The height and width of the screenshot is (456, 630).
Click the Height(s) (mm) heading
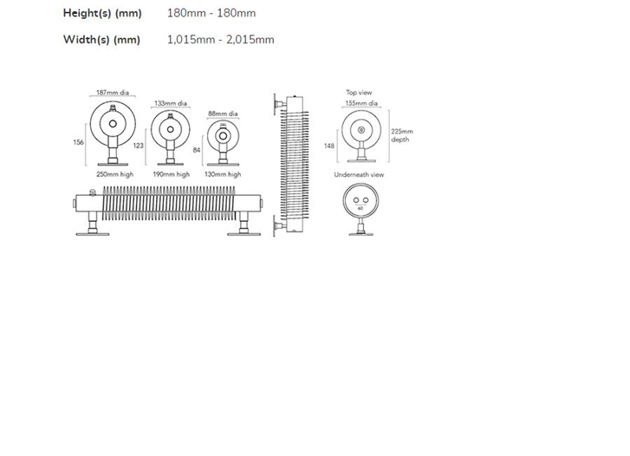click(x=102, y=13)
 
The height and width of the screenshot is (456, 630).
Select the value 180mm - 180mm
click(x=211, y=13)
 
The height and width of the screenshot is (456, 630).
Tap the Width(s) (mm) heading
click(x=101, y=40)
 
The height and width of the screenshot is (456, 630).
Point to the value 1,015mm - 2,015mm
click(x=221, y=40)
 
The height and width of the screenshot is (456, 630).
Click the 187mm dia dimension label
click(x=113, y=93)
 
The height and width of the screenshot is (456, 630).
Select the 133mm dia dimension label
click(x=171, y=103)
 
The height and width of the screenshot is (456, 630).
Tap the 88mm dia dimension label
click(x=223, y=114)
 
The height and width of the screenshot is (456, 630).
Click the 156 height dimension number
click(x=78, y=142)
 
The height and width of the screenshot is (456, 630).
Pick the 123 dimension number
click(x=138, y=146)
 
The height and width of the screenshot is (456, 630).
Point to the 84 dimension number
click(x=197, y=150)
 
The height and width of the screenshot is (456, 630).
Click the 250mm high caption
click(x=115, y=174)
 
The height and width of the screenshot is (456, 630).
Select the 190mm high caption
click(x=172, y=174)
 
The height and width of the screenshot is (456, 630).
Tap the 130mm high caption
click(x=223, y=174)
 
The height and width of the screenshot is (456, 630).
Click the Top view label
click(x=360, y=93)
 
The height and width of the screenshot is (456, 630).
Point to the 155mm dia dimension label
click(x=361, y=103)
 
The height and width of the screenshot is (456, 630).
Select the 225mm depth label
click(x=402, y=135)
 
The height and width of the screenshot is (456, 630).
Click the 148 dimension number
click(x=329, y=146)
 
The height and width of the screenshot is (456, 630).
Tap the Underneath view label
click(x=360, y=175)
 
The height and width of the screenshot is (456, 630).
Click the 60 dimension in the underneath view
click(x=360, y=209)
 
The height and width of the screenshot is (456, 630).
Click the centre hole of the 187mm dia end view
click(x=113, y=124)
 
